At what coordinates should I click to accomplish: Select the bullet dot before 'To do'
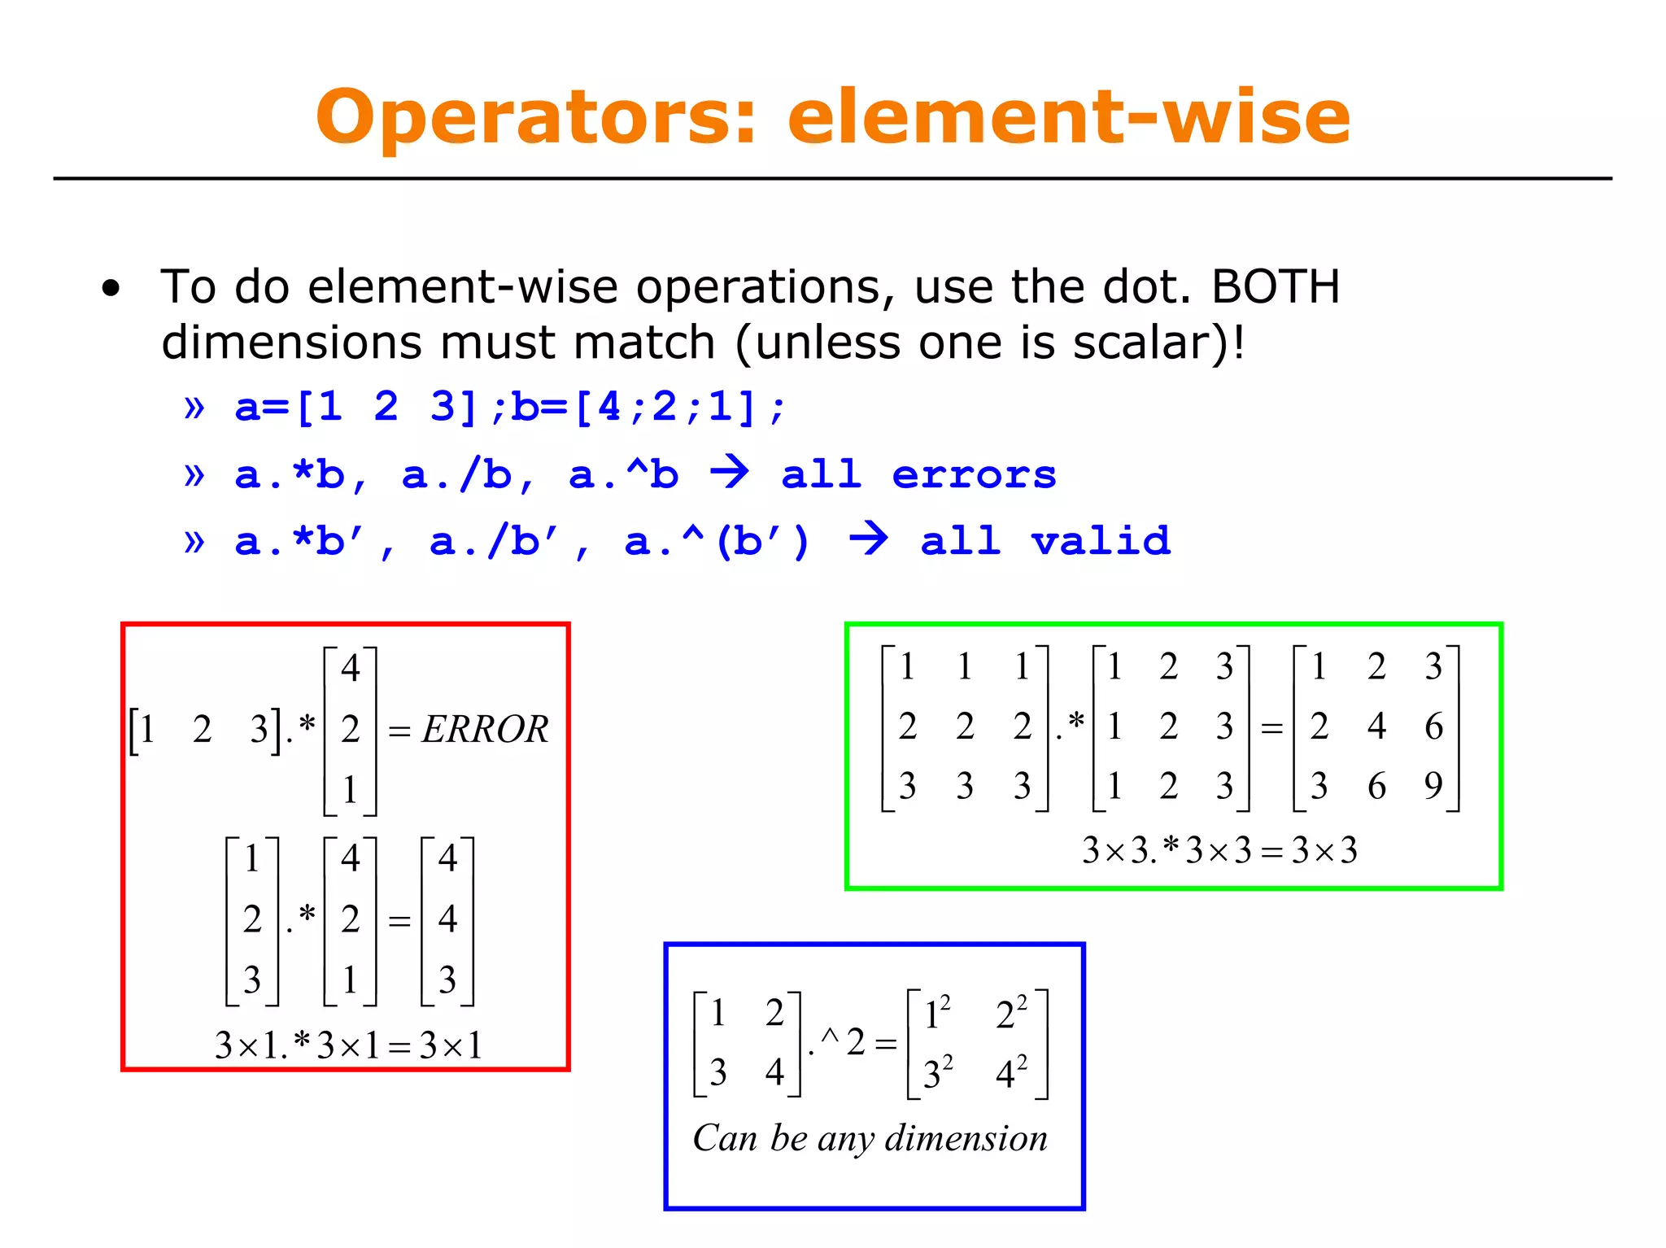tap(111, 288)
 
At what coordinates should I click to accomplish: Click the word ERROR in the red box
tap(485, 729)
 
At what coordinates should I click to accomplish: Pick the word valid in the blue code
tap(1101, 541)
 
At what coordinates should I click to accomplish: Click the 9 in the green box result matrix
tap(1433, 786)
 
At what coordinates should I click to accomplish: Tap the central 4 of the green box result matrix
tap(1376, 726)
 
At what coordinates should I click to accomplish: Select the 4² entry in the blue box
tap(1011, 1073)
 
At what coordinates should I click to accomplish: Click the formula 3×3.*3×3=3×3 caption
tap(1219, 851)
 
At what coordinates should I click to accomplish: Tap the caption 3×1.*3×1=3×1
tap(348, 1045)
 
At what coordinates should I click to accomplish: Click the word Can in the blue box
tap(725, 1138)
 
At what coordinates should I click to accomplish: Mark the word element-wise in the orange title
tap(1069, 118)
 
